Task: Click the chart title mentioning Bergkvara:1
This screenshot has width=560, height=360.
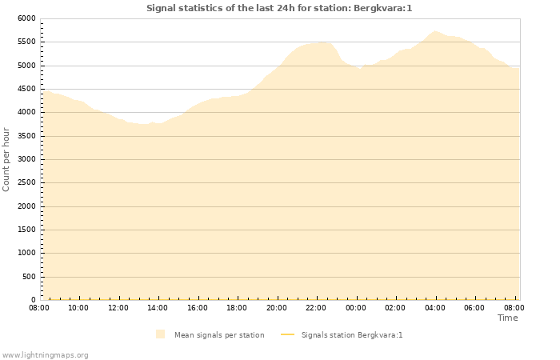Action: (x=279, y=8)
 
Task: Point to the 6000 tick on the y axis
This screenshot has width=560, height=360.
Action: (x=26, y=18)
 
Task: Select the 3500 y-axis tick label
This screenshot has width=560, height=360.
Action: (x=26, y=136)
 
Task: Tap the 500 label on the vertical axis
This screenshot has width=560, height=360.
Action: (x=29, y=277)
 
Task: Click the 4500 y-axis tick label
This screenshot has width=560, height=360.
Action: (x=26, y=89)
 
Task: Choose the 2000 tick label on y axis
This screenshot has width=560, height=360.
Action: (x=26, y=206)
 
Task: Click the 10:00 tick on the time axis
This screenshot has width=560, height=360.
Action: (x=78, y=308)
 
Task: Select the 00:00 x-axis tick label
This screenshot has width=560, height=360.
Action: (x=356, y=308)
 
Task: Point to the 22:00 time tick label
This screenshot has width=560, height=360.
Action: (x=316, y=308)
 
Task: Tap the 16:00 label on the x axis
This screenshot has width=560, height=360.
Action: (x=198, y=308)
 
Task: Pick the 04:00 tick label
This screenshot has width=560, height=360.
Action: (x=435, y=308)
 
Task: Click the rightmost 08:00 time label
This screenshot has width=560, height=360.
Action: (x=514, y=308)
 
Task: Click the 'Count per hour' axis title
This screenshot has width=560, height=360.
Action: (x=7, y=158)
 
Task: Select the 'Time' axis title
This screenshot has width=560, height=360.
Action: (x=507, y=318)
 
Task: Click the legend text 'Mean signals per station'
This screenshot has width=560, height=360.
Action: (x=219, y=335)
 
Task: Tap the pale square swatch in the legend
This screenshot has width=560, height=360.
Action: (x=161, y=334)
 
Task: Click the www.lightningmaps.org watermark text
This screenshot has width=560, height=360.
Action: (x=46, y=355)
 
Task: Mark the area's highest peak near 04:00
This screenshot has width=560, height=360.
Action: (x=435, y=31)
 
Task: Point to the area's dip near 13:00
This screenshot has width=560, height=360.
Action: (x=142, y=124)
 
